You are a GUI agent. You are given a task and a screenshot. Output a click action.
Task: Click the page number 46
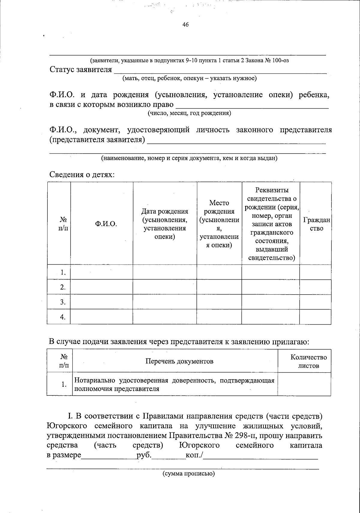(x=185, y=25)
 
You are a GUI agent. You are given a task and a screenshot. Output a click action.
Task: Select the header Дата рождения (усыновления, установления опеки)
(x=165, y=224)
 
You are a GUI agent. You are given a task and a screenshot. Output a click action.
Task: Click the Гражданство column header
(x=316, y=224)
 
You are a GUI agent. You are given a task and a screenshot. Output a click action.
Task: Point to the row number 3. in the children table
(x=62, y=302)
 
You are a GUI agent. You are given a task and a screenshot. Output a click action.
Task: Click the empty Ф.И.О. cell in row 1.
(x=102, y=272)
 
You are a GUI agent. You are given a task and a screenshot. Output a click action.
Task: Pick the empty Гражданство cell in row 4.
(x=315, y=317)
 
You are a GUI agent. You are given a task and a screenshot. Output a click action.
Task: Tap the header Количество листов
(x=308, y=361)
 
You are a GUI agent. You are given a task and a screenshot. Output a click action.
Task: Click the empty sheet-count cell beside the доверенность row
(x=304, y=385)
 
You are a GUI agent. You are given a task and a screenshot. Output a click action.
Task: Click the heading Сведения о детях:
(x=82, y=175)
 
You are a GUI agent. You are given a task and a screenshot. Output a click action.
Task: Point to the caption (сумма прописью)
(x=189, y=474)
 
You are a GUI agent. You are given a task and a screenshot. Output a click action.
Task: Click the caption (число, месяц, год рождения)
(x=189, y=113)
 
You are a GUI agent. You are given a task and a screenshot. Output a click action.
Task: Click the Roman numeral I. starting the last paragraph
(x=70, y=416)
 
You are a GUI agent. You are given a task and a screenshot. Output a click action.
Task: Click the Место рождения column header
(x=219, y=224)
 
